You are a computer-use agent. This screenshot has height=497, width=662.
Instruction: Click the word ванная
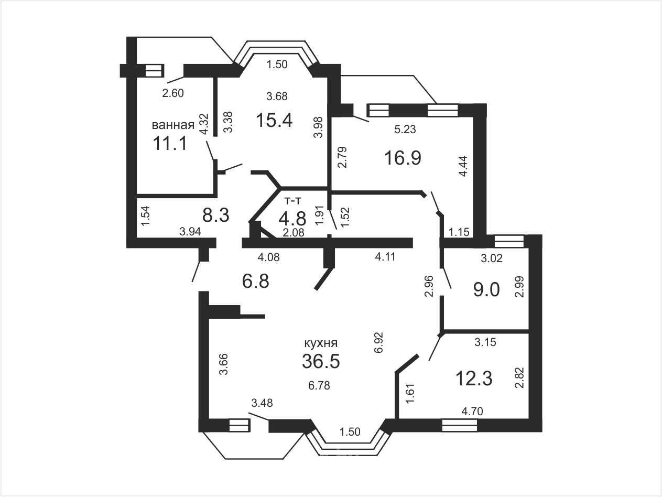tap(173, 125)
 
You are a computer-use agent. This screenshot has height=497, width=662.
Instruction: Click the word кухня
tap(321, 343)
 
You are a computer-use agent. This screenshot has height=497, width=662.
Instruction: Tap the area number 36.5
tap(321, 361)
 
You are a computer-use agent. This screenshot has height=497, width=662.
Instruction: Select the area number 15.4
tap(274, 120)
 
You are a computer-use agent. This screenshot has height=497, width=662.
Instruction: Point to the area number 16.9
tap(403, 158)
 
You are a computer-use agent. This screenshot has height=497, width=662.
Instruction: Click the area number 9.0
tap(486, 289)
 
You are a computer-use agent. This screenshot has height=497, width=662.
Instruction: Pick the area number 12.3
tap(474, 379)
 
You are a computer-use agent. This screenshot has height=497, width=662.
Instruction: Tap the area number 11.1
tap(170, 143)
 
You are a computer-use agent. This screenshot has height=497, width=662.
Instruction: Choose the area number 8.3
tap(216, 216)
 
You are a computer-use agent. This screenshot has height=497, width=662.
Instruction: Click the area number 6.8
tap(255, 282)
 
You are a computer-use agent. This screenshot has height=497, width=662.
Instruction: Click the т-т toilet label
tap(293, 200)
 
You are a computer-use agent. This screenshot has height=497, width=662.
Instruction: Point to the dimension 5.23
tap(405, 129)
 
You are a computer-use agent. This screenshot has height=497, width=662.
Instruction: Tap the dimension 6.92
tap(378, 342)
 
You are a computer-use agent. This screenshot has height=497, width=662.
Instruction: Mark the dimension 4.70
tap(472, 411)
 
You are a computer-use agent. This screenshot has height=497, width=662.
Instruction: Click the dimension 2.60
tap(173, 93)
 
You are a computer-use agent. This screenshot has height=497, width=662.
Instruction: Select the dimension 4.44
tap(463, 166)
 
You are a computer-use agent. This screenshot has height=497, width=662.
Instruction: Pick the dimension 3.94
tap(190, 232)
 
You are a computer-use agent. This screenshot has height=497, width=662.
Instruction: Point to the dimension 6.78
tap(319, 385)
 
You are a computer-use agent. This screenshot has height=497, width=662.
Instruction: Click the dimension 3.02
tap(492, 258)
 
